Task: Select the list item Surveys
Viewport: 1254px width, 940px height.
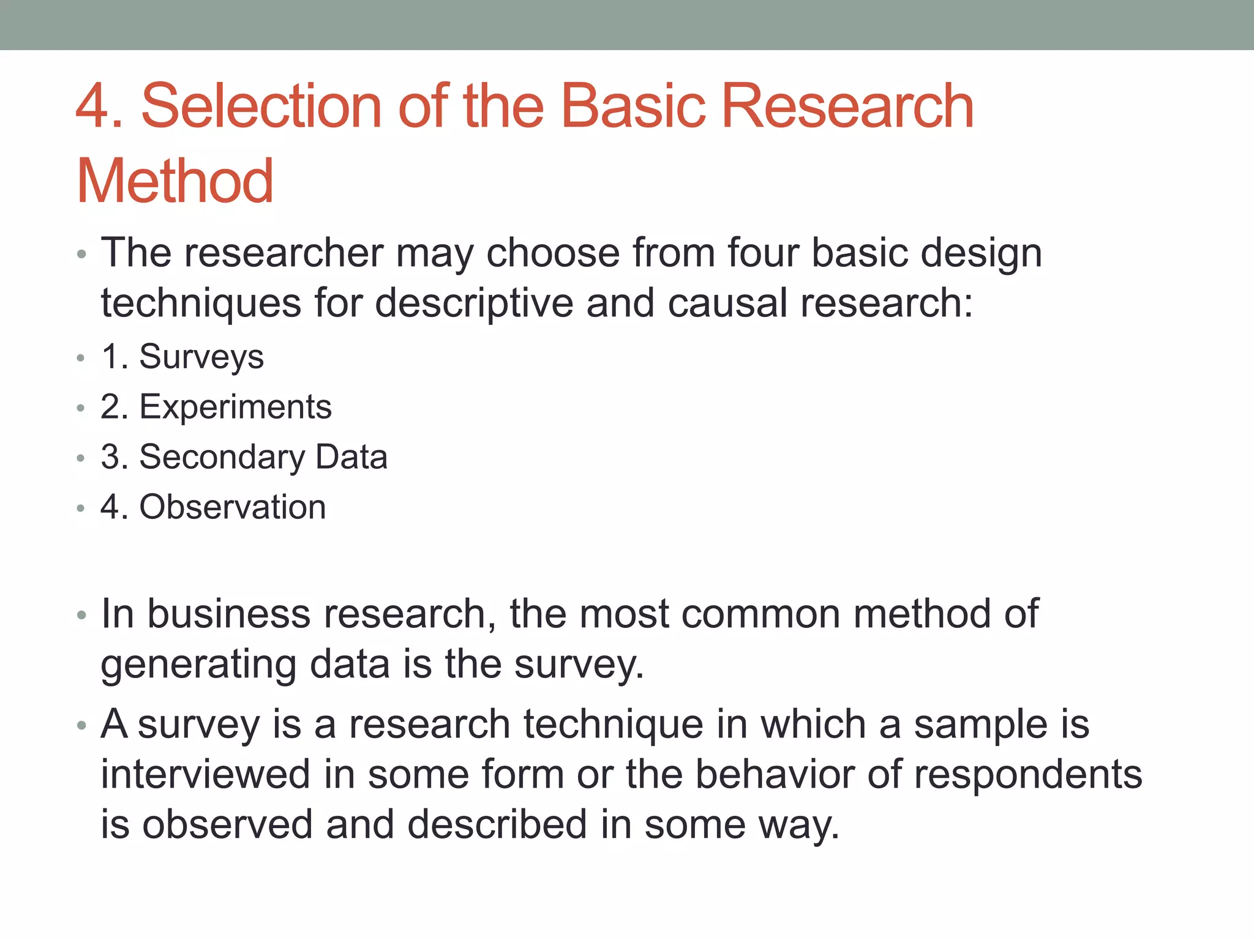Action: point(201,357)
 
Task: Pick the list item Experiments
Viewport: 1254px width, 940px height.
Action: point(235,407)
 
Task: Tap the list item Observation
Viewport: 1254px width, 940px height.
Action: point(233,507)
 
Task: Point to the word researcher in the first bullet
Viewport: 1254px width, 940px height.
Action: point(284,253)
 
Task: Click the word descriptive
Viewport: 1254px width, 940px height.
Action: point(474,304)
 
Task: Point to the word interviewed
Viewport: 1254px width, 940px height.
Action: point(206,774)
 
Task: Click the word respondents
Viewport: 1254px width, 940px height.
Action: point(1028,774)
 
